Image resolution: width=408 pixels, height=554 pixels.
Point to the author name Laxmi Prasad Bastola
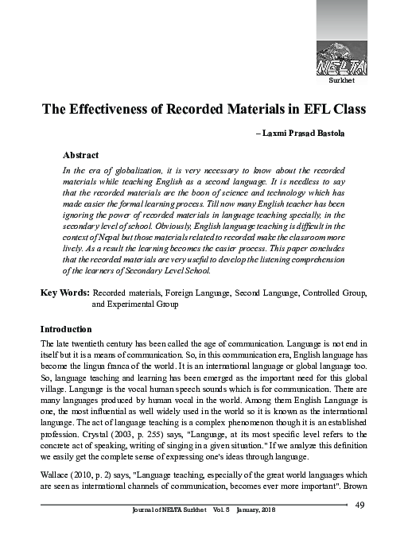(317, 136)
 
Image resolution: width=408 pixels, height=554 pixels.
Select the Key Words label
(64, 293)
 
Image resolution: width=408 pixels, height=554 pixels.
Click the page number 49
(359, 529)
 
